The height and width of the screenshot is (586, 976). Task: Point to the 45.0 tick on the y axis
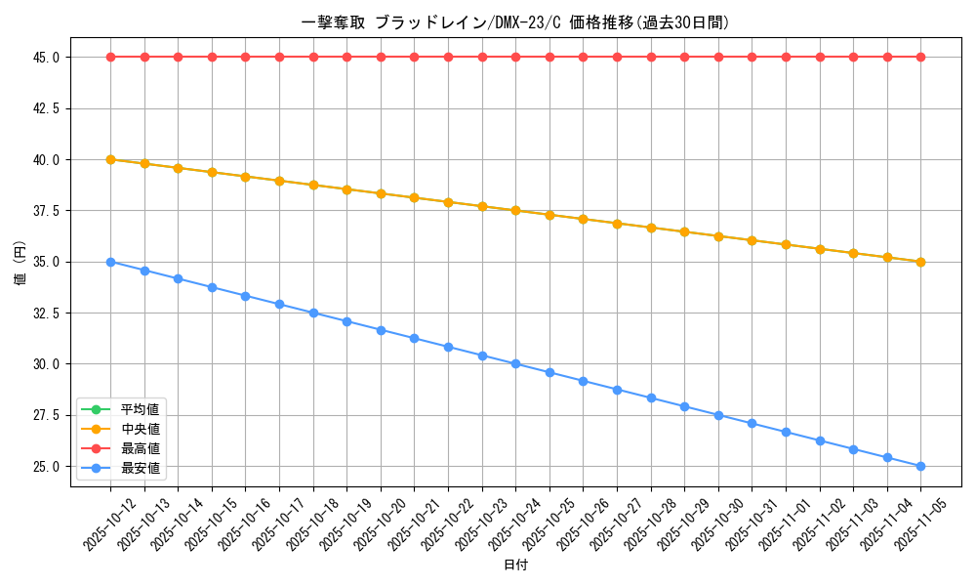(x=46, y=58)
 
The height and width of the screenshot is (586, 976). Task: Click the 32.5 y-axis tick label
(x=46, y=314)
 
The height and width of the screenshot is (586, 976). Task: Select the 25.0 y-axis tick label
(x=46, y=467)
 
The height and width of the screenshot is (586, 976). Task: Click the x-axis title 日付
(x=515, y=565)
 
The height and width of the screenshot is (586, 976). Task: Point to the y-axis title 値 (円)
(x=20, y=262)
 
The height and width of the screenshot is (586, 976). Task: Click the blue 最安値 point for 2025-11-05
(x=920, y=467)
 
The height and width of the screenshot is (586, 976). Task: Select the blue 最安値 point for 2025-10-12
(x=110, y=262)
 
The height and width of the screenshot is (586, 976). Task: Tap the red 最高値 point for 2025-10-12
(x=110, y=58)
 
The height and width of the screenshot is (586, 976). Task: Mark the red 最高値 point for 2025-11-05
(x=920, y=58)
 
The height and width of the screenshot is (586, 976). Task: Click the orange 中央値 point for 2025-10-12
(x=110, y=159)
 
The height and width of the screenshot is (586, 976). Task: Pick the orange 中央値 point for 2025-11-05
(x=920, y=262)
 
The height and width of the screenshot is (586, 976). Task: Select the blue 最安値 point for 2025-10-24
(x=515, y=364)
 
